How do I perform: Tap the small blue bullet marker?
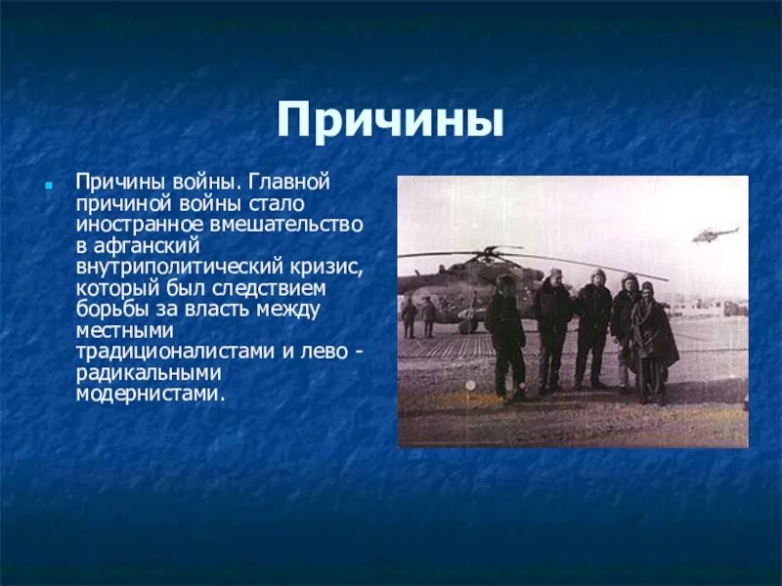46,184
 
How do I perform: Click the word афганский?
147,245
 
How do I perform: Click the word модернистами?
149,395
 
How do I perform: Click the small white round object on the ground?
470,386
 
